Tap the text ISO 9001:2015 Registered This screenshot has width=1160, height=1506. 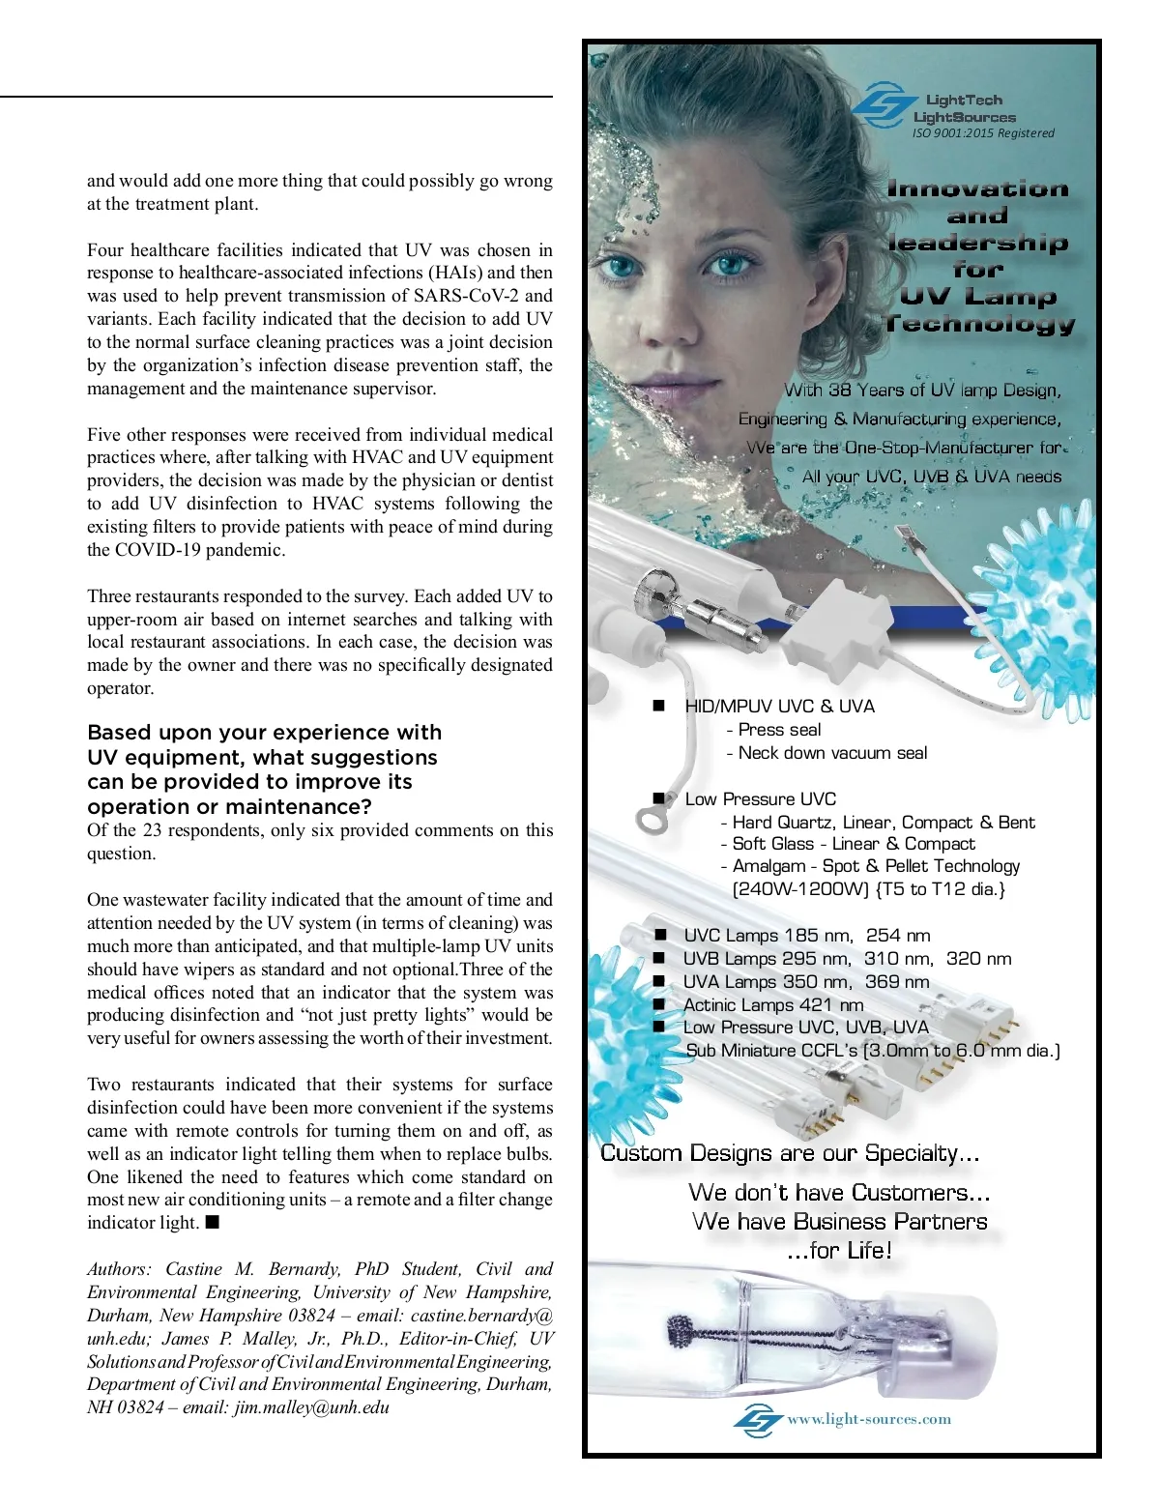point(983,133)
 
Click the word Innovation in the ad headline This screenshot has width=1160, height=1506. point(977,189)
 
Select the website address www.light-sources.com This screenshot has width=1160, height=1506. point(869,1419)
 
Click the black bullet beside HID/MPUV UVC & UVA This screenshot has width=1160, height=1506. point(659,706)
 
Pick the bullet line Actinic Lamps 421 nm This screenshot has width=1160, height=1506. point(772,1004)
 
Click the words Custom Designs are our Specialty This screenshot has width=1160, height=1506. point(789,1153)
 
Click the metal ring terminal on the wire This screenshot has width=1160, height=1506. point(650,820)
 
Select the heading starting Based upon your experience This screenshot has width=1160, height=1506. point(264,769)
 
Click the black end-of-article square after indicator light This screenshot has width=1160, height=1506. point(213,1222)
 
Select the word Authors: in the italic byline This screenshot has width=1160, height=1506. point(119,1269)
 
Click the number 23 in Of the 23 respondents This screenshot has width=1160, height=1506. point(152,830)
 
